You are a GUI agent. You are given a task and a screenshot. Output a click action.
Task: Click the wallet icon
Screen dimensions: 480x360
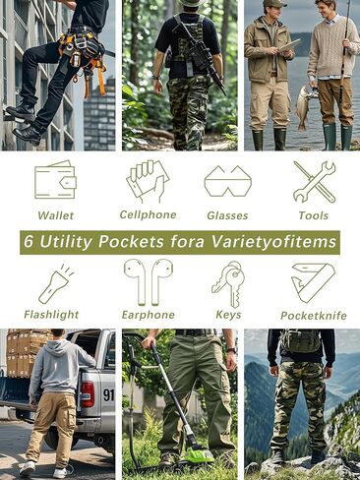pos(55,180)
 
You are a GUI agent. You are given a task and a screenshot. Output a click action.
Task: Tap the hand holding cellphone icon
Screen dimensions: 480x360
pos(147,181)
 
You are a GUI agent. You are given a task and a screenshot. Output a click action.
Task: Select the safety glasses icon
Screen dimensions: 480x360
pos(227,181)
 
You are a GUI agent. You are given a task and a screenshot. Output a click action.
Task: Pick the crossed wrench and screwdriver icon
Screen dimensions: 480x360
pos(314,181)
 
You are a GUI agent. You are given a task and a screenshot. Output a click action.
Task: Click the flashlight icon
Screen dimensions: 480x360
pos(53,283)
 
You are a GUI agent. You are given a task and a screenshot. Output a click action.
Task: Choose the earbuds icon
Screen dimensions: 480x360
pos(148,282)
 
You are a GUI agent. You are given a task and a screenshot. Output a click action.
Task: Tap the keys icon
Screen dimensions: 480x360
pos(227,283)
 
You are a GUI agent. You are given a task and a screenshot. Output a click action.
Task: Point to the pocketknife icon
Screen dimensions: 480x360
pos(313,283)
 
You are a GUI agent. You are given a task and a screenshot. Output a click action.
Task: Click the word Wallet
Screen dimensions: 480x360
pos(55,215)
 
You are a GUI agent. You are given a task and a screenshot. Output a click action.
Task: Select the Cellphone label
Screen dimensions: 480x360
pos(148,214)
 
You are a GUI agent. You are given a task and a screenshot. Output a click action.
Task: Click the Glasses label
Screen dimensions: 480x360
pos(227,215)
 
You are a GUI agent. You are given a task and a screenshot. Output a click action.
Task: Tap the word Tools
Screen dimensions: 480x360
pos(314,215)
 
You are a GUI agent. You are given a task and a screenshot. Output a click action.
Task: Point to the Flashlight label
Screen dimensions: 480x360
pos(51,315)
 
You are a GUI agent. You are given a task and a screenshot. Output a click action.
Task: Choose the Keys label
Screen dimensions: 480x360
pos(228,315)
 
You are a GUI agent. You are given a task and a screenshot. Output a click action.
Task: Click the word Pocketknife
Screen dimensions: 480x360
pos(314,315)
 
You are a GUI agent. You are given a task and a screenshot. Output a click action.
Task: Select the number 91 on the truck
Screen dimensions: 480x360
pos(108,394)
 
